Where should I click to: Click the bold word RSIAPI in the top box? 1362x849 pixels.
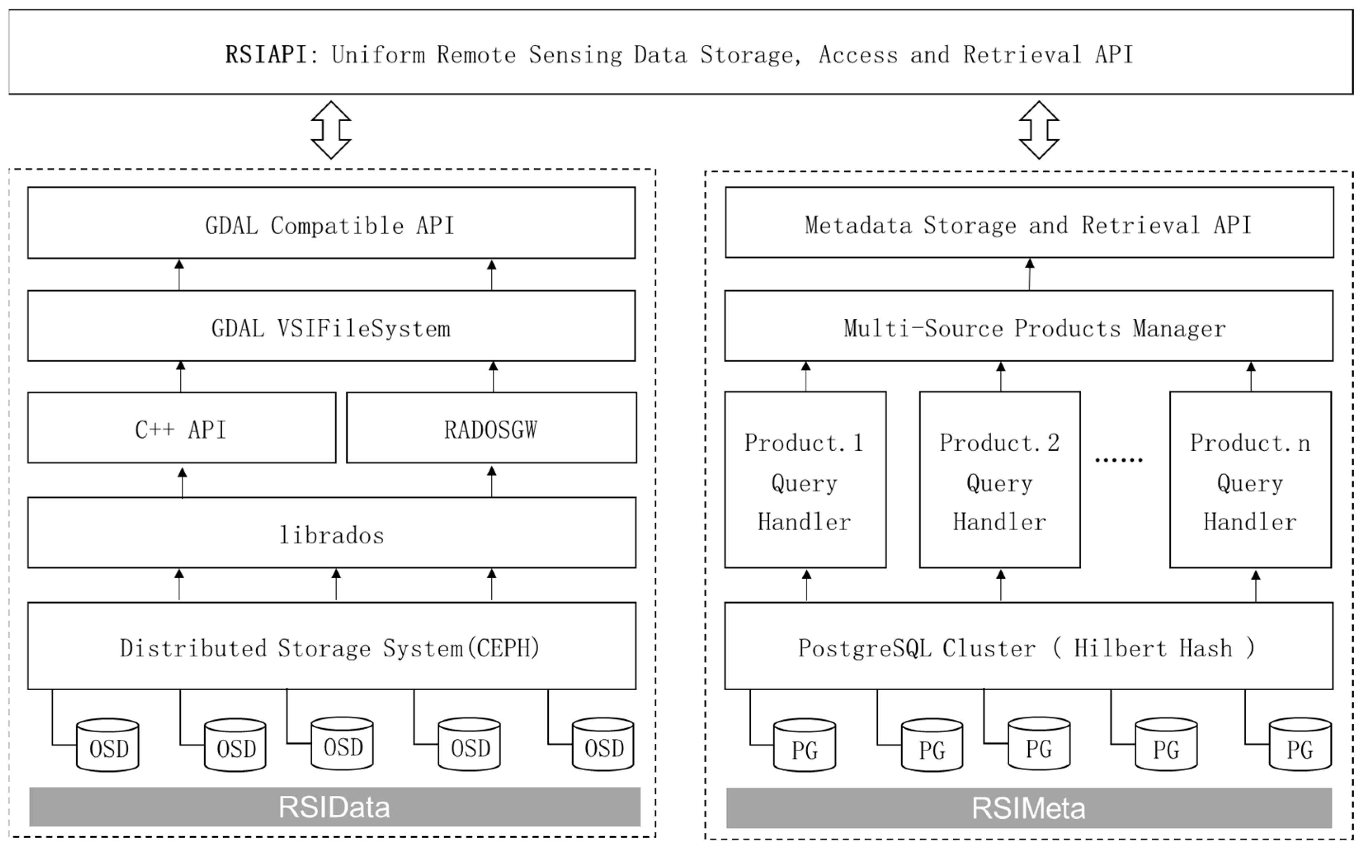(266, 55)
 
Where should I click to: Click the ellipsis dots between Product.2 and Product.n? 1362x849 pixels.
(1118, 460)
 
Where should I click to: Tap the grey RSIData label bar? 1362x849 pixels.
(335, 807)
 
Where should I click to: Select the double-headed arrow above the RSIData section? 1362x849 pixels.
(331, 130)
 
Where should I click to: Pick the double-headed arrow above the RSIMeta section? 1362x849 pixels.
(1039, 130)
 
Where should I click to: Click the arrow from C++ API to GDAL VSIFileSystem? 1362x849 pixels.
(181, 376)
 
